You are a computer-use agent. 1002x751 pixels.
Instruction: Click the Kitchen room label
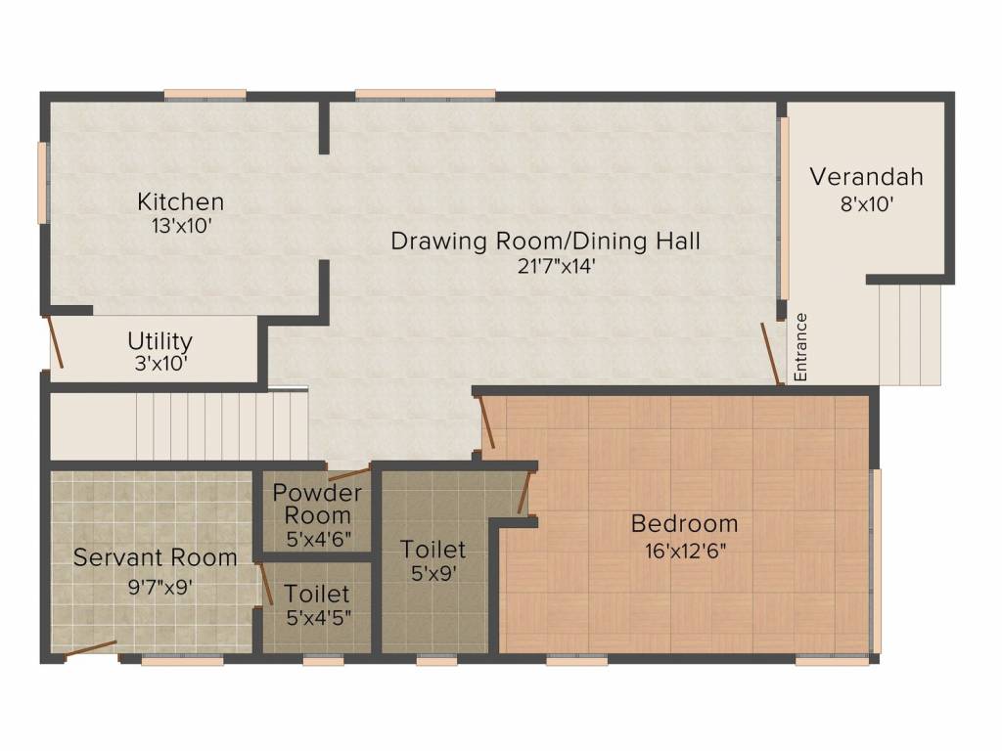point(181,201)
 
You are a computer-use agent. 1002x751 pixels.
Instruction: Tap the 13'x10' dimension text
point(181,226)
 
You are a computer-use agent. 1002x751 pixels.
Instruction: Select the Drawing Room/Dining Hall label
point(545,242)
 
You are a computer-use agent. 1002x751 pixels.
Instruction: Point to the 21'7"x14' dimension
point(556,266)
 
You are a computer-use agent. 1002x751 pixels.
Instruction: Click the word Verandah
point(867,177)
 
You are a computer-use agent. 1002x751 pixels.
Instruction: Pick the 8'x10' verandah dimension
point(867,204)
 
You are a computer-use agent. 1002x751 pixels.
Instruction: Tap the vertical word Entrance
point(800,347)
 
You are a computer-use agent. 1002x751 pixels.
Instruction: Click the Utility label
point(159,341)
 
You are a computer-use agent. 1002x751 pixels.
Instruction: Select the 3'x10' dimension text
point(160,364)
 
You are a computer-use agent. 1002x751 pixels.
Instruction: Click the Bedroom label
point(684,524)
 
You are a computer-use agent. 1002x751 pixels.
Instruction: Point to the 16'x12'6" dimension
point(685,551)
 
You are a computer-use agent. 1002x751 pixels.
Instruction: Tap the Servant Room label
point(156,557)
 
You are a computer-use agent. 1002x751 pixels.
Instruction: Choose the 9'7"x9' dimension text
point(160,587)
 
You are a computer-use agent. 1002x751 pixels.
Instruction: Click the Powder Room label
point(317,504)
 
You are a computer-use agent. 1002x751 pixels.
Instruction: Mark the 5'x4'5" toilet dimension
point(318,618)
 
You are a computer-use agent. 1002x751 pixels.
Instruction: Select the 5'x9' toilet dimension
point(433,573)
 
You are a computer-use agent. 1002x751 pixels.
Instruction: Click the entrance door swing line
point(771,354)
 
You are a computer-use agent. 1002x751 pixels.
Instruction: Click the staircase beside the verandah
point(909,335)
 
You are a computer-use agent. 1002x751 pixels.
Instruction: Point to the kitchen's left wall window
point(43,183)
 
